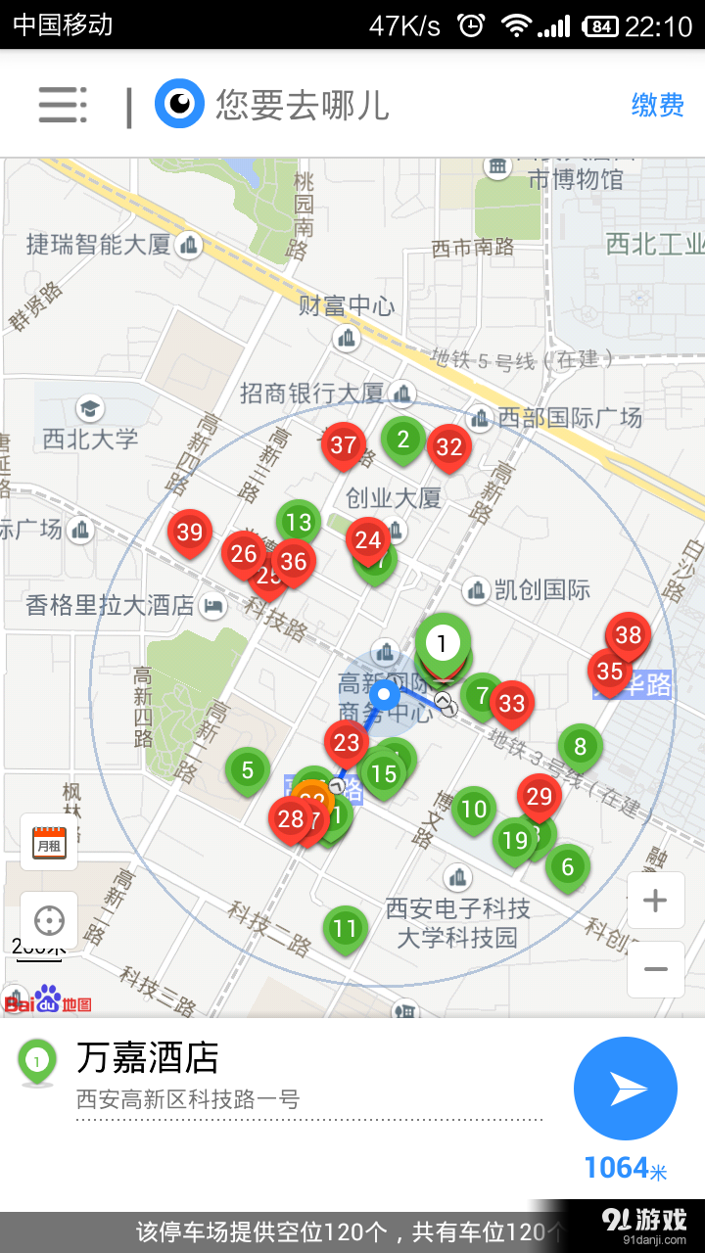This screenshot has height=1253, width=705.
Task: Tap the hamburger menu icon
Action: click(x=63, y=105)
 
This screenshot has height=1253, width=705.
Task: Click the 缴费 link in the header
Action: click(x=657, y=105)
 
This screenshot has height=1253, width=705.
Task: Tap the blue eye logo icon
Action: click(x=179, y=105)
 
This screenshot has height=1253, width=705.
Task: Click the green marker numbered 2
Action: click(x=402, y=440)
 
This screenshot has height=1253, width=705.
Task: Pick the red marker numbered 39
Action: click(x=190, y=533)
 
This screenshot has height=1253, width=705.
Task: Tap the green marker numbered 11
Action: click(x=345, y=928)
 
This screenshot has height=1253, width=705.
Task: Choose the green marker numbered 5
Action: click(x=248, y=770)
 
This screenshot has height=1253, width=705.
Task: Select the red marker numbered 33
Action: click(x=511, y=703)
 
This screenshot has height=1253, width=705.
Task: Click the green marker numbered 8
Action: click(x=580, y=747)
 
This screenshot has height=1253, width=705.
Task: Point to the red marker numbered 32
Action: click(x=448, y=447)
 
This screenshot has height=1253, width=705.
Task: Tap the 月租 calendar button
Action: click(x=49, y=842)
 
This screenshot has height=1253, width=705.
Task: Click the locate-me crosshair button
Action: click(x=49, y=920)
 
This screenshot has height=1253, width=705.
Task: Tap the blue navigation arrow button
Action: click(x=626, y=1089)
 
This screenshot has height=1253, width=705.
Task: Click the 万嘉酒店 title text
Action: click(x=148, y=1058)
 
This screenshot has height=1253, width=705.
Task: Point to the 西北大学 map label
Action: click(x=90, y=440)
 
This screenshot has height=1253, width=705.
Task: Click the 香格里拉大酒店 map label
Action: click(x=111, y=606)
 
